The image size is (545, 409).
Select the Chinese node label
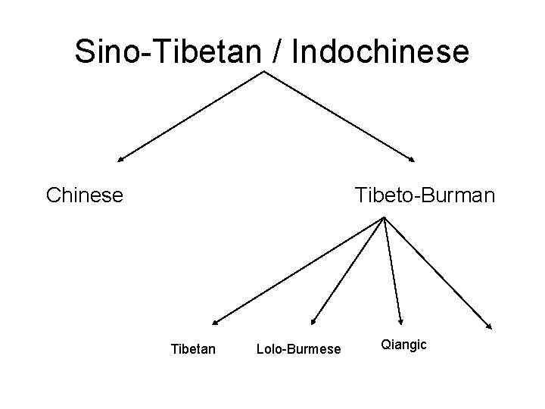[84, 195]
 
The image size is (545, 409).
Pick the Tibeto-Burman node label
[424, 195]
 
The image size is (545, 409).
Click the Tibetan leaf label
[194, 349]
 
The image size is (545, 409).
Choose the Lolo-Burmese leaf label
[299, 349]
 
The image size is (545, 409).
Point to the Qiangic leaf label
[404, 345]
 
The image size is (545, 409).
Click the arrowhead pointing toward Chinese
[120, 161]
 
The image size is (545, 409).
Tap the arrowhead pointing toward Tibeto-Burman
[413, 160]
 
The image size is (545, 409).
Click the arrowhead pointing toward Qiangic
[400, 321]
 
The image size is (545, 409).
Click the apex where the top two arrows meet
[263, 72]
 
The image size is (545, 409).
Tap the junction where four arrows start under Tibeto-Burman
[385, 218]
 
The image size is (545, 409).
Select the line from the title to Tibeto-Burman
[338, 116]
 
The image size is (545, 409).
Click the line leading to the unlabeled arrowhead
[437, 273]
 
